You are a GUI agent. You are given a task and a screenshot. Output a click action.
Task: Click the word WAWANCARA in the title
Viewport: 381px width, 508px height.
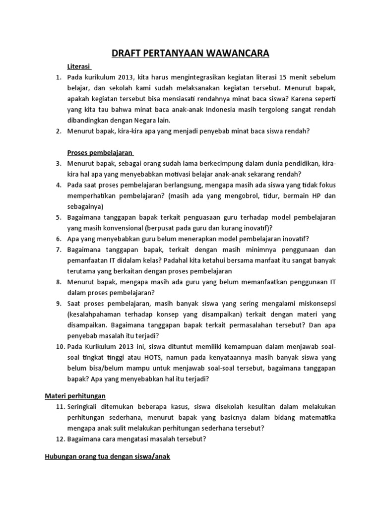(232, 53)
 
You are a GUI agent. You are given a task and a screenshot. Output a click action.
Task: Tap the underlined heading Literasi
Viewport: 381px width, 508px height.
(79, 66)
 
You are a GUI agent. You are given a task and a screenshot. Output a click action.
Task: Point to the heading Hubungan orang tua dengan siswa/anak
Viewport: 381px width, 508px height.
(105, 456)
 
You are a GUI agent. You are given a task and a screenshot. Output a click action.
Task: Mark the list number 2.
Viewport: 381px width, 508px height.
(58, 131)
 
